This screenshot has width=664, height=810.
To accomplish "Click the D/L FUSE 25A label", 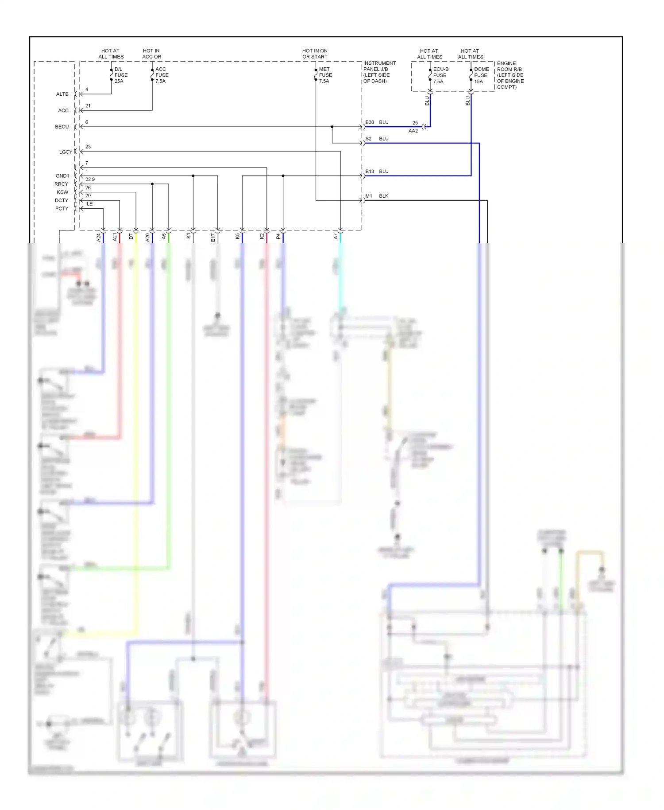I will (x=120, y=75).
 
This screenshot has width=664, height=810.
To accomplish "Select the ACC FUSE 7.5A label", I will (x=162, y=75).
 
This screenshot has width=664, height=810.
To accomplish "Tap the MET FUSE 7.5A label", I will (x=325, y=75).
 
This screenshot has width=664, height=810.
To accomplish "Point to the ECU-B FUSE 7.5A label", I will (x=440, y=75).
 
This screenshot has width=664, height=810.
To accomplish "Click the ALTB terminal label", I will (x=62, y=94).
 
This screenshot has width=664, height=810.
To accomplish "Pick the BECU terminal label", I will (x=62, y=127).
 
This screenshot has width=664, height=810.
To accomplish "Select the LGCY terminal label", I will (x=65, y=152).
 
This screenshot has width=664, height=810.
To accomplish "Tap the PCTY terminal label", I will (x=62, y=209).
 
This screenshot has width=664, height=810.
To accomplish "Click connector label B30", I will (x=370, y=122).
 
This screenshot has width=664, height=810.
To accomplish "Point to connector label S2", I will (x=368, y=139).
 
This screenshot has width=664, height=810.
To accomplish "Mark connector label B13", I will (x=370, y=171).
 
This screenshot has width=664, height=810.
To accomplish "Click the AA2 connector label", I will (x=413, y=131).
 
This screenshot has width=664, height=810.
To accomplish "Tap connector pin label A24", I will (x=99, y=238).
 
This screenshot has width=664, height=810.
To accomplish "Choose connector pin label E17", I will (x=213, y=238).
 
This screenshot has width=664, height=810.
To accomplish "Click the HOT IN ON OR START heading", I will (x=315, y=54).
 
